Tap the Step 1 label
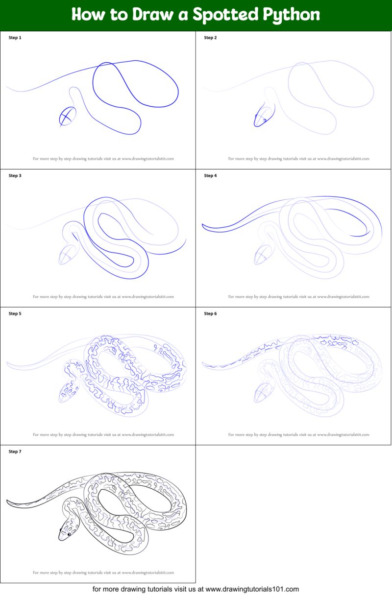pos(15,38)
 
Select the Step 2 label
pos(210,38)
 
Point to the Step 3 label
pos(15,176)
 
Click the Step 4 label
pos(210,176)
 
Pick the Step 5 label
pos(15,314)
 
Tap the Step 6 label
pos(210,314)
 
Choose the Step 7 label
pos(15,452)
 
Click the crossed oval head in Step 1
pos(68,117)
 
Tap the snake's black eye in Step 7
pos(69,534)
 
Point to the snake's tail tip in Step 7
pos(8,501)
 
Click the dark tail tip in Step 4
pos(204,226)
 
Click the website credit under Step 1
pos(103,159)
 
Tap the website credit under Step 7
pos(103,572)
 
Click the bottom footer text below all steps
pos(196,589)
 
